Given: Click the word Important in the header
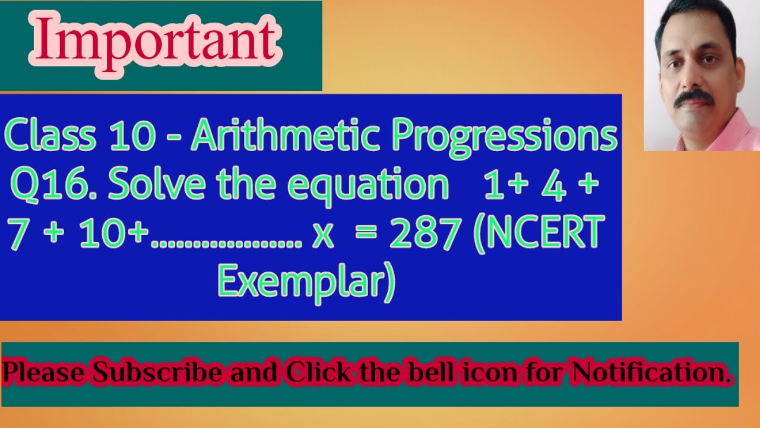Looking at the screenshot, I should pyautogui.click(x=156, y=42).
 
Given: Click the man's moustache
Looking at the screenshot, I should pyautogui.click(x=693, y=96).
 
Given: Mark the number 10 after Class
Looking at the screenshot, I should pyautogui.click(x=140, y=137).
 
